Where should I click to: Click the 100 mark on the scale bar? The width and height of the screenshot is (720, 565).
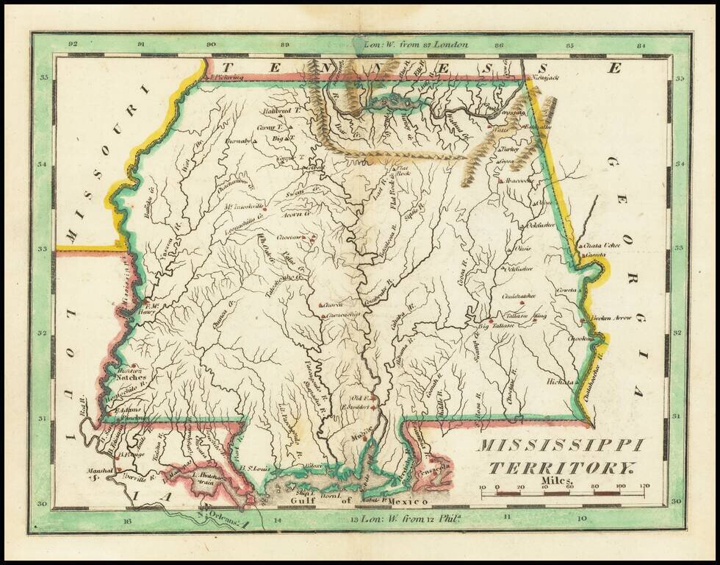(621, 487)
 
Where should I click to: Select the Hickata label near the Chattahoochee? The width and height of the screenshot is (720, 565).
(560, 382)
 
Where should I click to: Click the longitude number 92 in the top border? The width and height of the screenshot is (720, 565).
(72, 44)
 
